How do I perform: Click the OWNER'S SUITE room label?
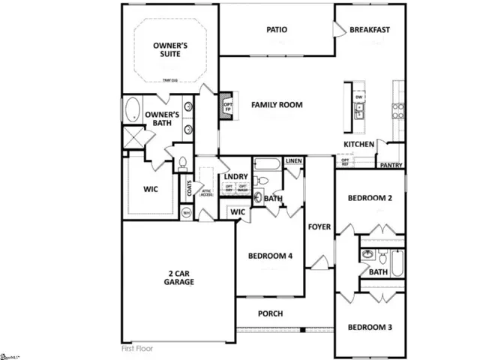click(169, 50)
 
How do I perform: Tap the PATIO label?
click(277, 30)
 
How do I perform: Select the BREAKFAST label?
click(370, 30)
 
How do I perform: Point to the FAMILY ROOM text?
click(277, 105)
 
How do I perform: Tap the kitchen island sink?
click(359, 112)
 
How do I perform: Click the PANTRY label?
click(391, 165)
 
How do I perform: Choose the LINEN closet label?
click(294, 161)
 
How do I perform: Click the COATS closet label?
click(189, 185)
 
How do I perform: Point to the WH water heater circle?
click(187, 212)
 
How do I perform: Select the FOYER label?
click(319, 225)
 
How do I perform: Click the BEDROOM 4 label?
click(270, 256)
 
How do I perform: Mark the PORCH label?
click(270, 313)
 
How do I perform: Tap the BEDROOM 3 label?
click(370, 327)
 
